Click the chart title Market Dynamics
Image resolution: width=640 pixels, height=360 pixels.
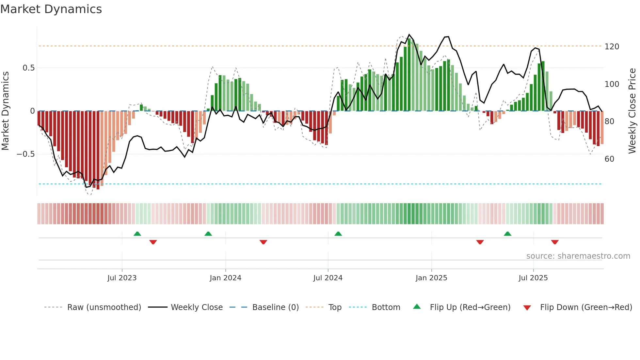[51, 9]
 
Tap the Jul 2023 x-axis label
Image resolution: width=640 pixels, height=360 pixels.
[122, 278]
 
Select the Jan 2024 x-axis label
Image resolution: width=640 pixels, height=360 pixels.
[225, 278]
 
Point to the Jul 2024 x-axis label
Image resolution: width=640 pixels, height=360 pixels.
[328, 278]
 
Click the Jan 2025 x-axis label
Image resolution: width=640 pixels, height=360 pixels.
[431, 278]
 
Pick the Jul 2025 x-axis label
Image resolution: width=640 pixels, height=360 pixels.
[533, 278]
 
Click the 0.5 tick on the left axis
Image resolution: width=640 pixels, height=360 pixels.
[28, 68]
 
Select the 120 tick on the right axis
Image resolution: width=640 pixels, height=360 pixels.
[612, 46]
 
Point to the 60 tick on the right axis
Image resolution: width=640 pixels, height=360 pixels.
[609, 159]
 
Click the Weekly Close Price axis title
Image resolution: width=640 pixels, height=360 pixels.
[632, 111]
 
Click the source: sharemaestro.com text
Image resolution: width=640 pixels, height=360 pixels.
[578, 256]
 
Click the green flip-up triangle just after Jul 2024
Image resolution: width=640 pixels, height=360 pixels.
[338, 234]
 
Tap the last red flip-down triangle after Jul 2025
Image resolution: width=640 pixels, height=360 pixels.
[555, 242]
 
